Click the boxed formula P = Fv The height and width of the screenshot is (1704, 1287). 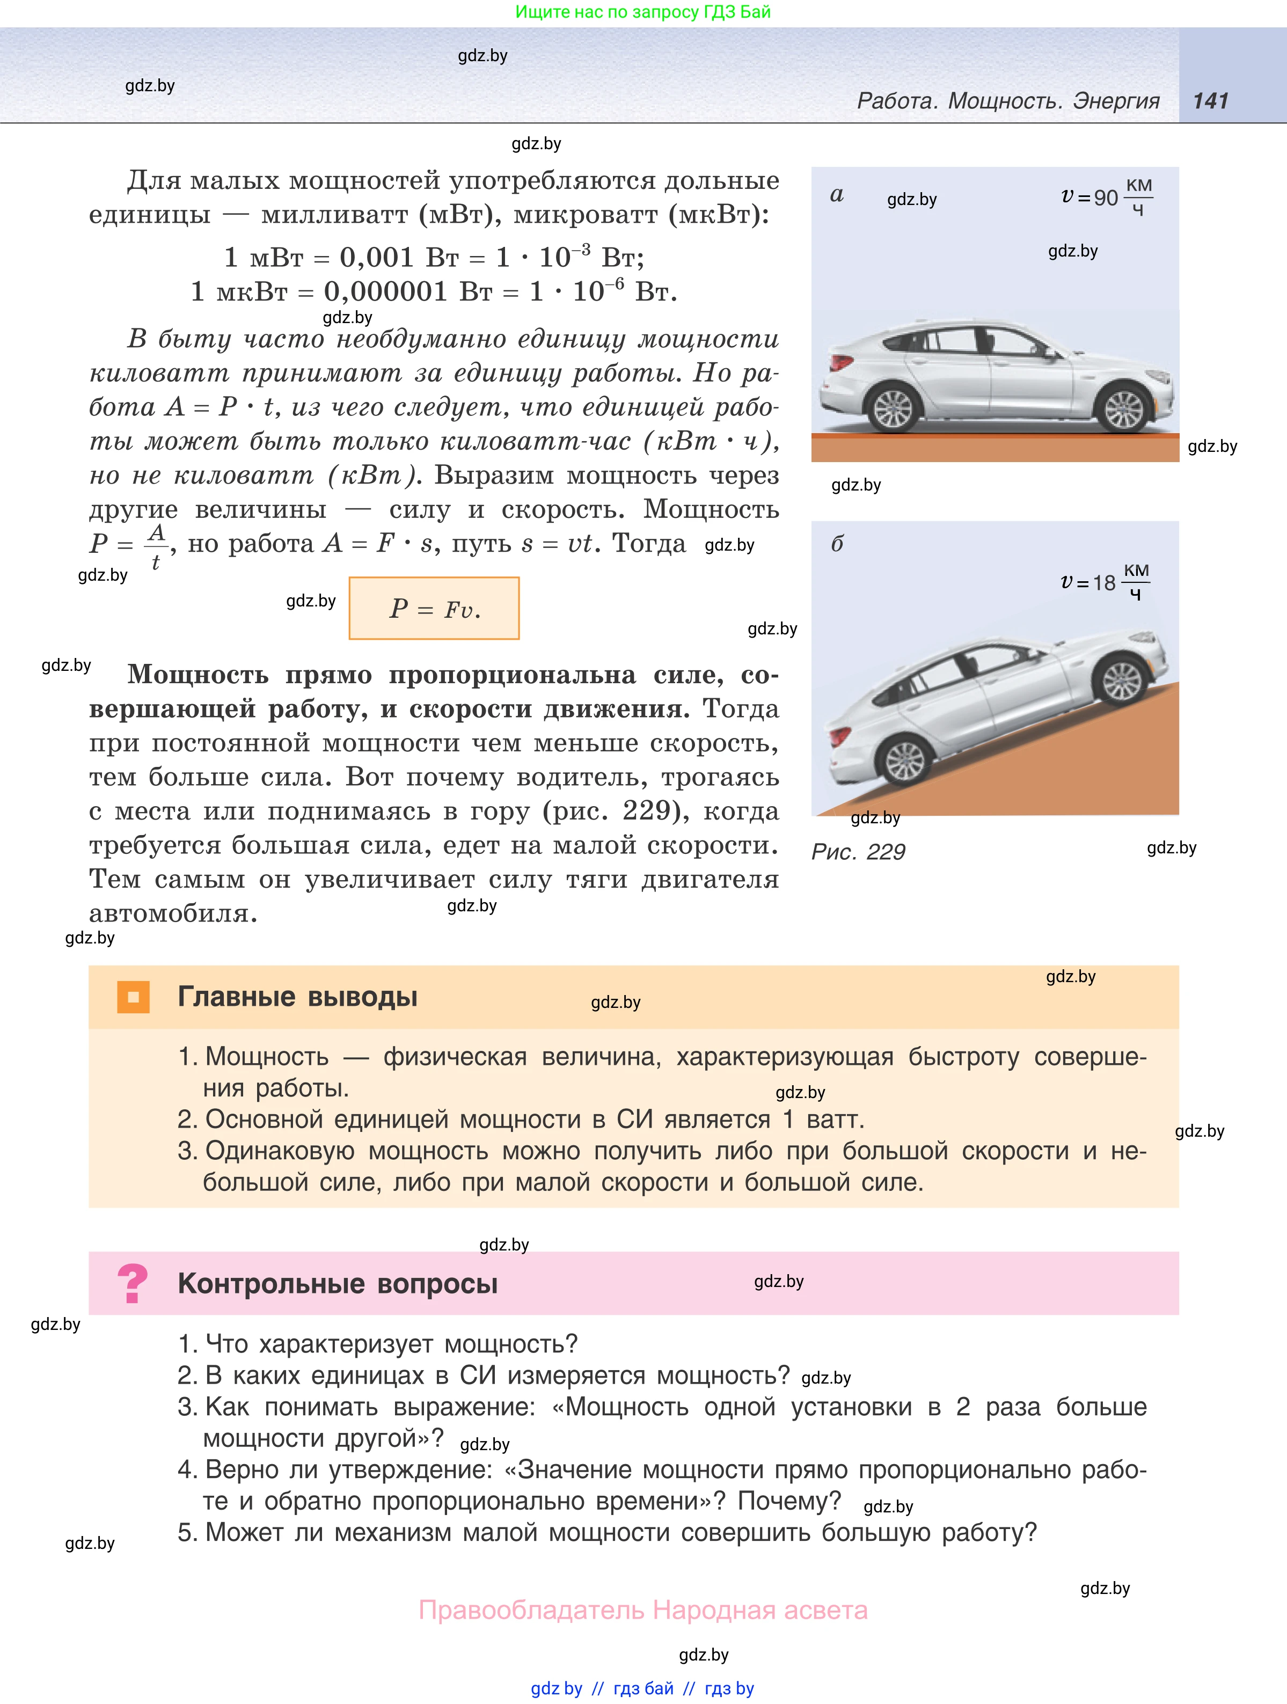click(434, 609)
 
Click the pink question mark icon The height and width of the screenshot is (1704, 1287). click(133, 1284)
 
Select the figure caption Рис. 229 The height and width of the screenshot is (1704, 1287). click(858, 852)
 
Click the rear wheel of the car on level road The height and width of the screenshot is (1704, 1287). click(894, 408)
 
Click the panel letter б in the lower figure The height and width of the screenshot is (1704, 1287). click(837, 544)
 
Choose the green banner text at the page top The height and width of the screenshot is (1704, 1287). click(642, 12)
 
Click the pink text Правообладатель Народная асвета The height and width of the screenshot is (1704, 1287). click(642, 1611)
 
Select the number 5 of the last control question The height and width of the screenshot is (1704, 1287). click(187, 1533)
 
